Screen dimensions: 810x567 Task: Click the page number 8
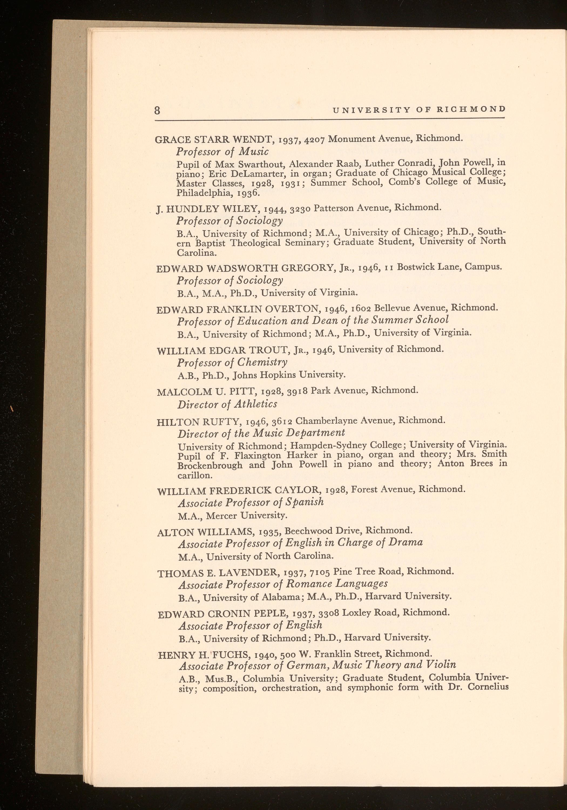157,110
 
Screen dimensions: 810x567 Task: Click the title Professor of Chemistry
232,362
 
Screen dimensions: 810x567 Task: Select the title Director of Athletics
227,404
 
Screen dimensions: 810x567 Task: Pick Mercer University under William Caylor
247,516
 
